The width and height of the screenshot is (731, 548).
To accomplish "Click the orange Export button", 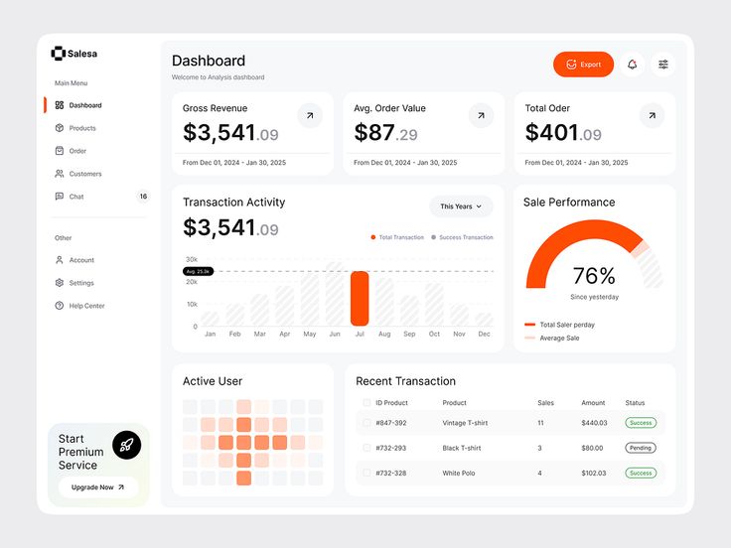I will coord(583,65).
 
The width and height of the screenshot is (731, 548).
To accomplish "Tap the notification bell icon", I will coord(633,65).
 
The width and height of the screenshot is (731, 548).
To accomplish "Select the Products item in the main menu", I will coord(82,128).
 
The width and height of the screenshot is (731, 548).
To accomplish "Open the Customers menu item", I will coord(85,174).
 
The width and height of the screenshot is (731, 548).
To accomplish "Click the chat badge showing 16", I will coord(143,197).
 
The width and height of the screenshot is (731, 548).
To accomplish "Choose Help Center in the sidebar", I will coord(86,306).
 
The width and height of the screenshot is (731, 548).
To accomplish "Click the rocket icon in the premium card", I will coord(126,445).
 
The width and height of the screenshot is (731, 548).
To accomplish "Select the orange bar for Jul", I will coord(360,298).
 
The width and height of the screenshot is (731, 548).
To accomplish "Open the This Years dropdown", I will coord(461,206).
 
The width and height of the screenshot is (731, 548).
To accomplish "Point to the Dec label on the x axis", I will coord(484,335).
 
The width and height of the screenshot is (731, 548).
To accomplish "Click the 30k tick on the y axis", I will coord(191,259).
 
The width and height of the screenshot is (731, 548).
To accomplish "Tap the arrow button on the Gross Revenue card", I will coord(310,116).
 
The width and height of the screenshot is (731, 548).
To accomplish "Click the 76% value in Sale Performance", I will coord(594,276).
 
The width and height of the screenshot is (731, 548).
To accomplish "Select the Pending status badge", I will coord(641,448).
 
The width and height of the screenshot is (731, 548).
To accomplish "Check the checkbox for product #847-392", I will coord(366,423).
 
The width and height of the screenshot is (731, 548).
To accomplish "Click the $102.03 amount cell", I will coord(593,474).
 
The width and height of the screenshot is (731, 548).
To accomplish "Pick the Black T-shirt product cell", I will coord(462,448).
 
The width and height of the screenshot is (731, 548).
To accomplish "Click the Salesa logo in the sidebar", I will coord(74,54).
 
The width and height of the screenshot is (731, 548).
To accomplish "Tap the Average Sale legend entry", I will coord(559,339).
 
